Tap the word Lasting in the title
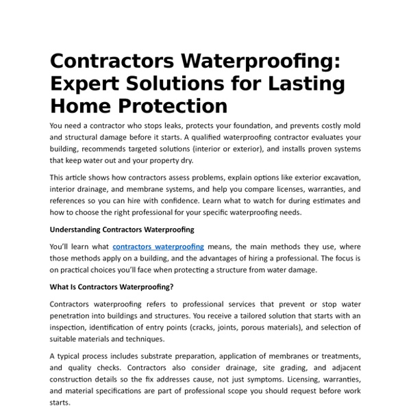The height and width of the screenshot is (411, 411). click(x=303, y=84)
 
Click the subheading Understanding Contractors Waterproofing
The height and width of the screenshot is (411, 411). click(x=122, y=229)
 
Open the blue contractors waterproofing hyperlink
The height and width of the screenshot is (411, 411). click(x=158, y=247)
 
